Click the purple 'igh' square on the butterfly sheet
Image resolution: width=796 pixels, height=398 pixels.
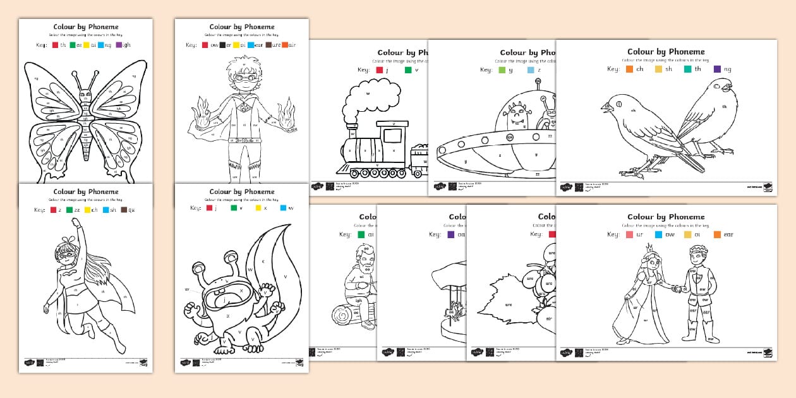pos(119,45)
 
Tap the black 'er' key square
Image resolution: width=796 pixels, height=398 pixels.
pos(222,45)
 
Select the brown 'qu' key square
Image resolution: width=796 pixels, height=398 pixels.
pos(124,210)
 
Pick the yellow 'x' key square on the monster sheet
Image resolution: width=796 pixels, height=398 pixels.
pos(258,207)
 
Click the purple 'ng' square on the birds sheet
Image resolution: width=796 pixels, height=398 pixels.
pos(717,69)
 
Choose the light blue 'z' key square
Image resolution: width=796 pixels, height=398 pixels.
pos(531,70)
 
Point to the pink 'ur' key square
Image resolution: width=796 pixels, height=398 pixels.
pos(629,234)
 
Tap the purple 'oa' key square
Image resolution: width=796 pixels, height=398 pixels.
pos(451,234)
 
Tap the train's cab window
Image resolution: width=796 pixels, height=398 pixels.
pos(392,135)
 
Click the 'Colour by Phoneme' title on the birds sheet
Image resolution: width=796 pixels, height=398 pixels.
pos(666,52)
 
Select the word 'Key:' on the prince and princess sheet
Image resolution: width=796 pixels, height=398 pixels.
pos(613,234)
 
